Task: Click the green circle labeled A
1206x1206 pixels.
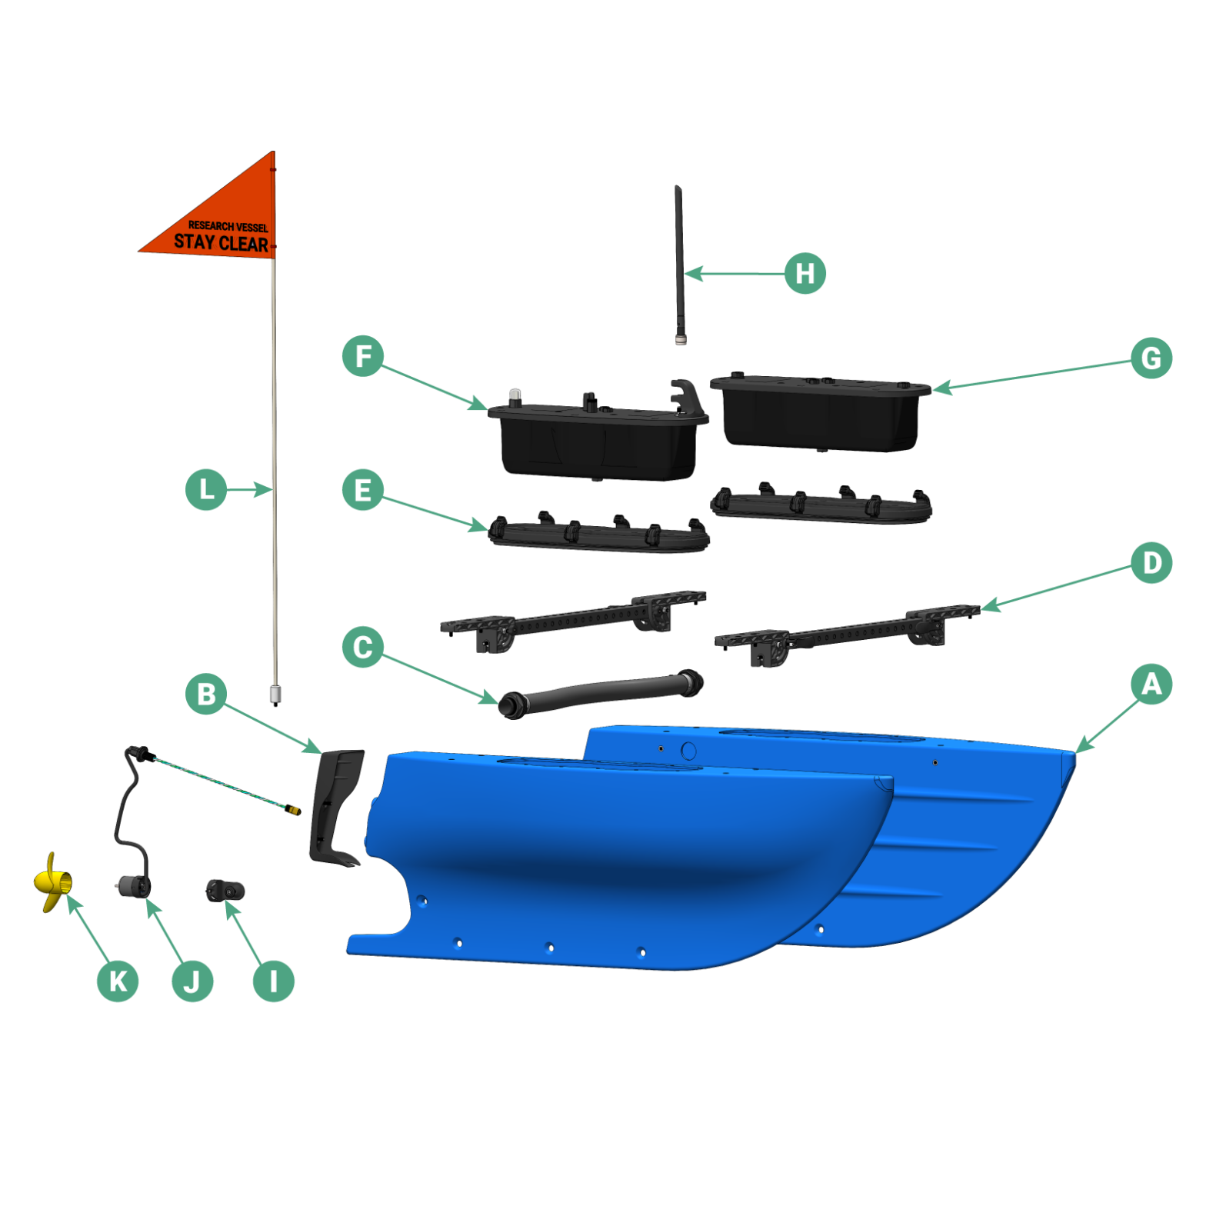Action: tap(1151, 684)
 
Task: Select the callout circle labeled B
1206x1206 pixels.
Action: tap(206, 694)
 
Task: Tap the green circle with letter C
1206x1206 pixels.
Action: tap(362, 647)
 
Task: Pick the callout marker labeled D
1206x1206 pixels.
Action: tap(1151, 563)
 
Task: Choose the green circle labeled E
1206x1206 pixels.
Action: tap(362, 490)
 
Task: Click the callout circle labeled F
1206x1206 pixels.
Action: tap(362, 356)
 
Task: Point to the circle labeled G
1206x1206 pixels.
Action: tap(1151, 358)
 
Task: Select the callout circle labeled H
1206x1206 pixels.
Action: tap(805, 273)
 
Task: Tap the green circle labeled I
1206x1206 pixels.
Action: tap(273, 981)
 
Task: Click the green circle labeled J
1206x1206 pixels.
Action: tap(192, 981)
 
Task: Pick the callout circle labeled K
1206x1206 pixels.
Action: tap(118, 981)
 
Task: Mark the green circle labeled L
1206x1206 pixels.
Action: tap(206, 489)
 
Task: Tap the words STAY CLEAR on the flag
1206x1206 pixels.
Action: tap(221, 243)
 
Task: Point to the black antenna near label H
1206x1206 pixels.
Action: tap(679, 262)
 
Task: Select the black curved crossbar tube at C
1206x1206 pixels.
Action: tap(600, 691)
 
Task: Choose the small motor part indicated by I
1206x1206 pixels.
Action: tap(225, 891)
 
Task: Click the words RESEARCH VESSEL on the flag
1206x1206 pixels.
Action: tap(228, 226)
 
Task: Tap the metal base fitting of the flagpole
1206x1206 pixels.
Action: tap(275, 695)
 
